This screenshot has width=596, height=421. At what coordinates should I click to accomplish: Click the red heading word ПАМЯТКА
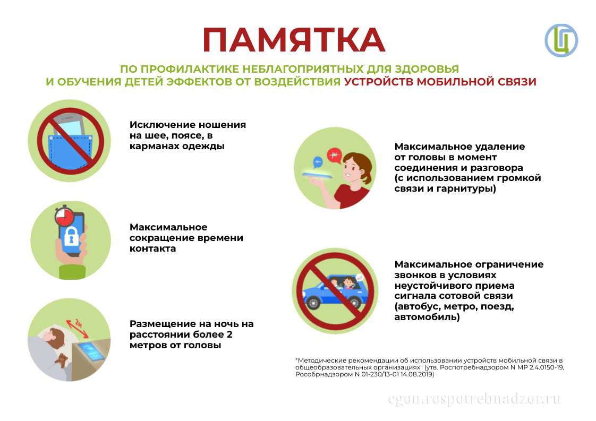(x=294, y=40)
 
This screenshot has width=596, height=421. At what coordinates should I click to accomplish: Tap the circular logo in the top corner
(x=561, y=40)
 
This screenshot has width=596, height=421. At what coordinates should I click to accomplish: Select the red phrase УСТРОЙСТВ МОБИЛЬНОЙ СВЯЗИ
(x=440, y=82)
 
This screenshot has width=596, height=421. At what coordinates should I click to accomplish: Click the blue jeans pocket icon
(x=70, y=150)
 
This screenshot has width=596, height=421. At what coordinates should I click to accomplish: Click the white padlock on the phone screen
(x=71, y=236)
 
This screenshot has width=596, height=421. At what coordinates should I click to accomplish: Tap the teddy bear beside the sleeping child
(x=61, y=360)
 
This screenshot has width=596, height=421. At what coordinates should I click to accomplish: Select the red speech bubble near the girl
(x=334, y=156)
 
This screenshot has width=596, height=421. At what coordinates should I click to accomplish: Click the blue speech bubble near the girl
(x=317, y=162)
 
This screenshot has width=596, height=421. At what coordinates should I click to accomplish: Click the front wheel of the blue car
(x=313, y=303)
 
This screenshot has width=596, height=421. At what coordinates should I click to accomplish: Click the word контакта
(x=153, y=249)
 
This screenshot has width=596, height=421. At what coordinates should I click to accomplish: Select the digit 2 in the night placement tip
(x=229, y=335)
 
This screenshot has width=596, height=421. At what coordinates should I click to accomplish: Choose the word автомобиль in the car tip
(x=427, y=317)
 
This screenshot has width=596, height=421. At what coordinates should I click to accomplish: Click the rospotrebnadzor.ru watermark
(x=474, y=399)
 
